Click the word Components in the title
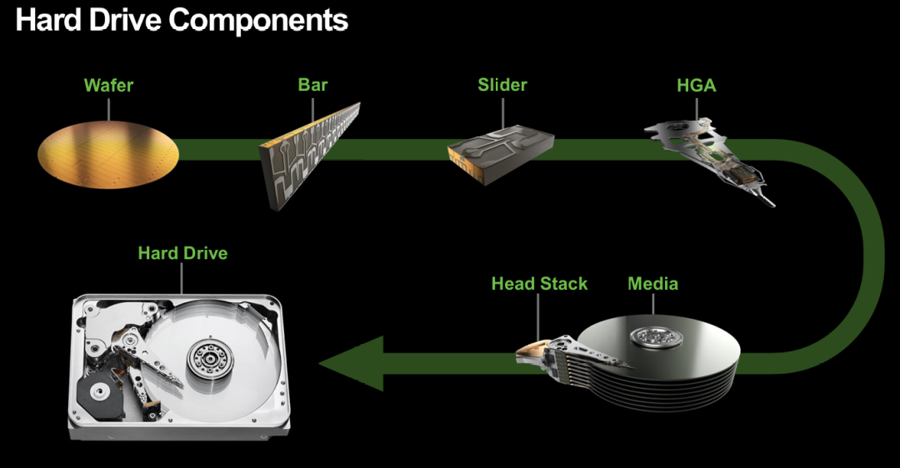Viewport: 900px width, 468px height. tap(258, 21)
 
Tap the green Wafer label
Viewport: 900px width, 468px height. tap(108, 86)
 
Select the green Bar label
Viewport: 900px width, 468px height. tap(312, 85)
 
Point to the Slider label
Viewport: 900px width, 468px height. tap(502, 85)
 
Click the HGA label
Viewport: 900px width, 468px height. tap(696, 86)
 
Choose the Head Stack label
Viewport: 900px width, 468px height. tap(539, 283)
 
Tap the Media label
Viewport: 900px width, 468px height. tap(652, 283)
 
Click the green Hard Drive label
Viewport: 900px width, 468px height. tap(182, 253)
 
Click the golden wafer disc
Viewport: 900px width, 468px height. tap(108, 154)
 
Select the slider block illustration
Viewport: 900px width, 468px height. tap(501, 155)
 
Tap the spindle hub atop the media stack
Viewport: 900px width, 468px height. tap(657, 336)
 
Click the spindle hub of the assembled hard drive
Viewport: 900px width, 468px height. tap(210, 361)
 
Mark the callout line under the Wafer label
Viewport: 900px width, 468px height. tap(108, 109)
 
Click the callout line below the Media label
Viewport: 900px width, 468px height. tap(653, 305)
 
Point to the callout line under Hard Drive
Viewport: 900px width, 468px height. tap(182, 279)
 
